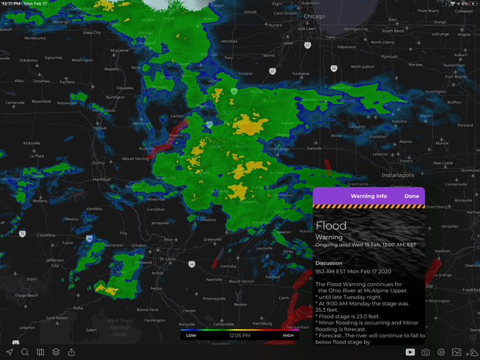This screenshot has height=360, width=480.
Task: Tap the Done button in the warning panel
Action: (x=411, y=196)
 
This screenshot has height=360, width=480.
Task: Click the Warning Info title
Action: (x=368, y=196)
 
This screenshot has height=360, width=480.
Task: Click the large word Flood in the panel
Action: (x=331, y=226)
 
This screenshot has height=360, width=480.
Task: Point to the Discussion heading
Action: (x=328, y=263)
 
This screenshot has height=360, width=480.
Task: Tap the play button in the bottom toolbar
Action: (x=410, y=352)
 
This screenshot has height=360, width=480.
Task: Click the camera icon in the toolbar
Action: (x=426, y=352)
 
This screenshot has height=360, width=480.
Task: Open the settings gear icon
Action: (x=441, y=352)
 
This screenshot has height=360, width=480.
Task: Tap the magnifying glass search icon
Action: (x=25, y=352)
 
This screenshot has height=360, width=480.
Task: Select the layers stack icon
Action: (x=56, y=352)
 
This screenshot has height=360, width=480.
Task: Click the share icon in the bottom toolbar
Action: (x=71, y=352)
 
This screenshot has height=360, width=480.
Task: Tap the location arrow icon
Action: (x=10, y=352)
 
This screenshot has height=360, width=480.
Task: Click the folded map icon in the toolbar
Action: (x=40, y=352)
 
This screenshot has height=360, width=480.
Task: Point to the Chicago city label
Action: (x=315, y=16)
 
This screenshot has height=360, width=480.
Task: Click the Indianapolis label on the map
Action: (x=398, y=175)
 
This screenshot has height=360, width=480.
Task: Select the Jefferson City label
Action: (x=55, y=263)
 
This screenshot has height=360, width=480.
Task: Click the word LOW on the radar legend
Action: (x=191, y=335)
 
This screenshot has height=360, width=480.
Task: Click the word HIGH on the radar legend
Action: (x=289, y=335)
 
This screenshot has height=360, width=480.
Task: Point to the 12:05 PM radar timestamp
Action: (x=239, y=335)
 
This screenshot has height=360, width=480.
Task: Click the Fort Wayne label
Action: (x=455, y=77)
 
